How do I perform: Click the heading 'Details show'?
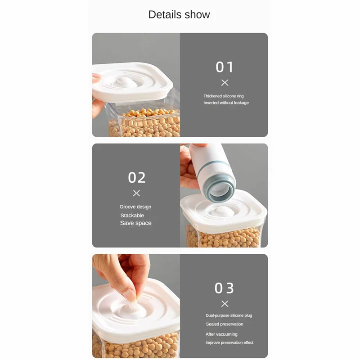tap(179, 14)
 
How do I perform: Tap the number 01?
tap(225, 67)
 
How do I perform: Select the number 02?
tap(137, 178)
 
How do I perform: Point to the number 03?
tap(225, 288)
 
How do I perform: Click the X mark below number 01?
tap(225, 83)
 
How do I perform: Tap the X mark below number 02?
tap(137, 193)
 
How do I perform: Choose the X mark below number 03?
tap(225, 304)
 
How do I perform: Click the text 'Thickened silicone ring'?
tap(223, 96)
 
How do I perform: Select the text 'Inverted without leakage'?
tap(226, 103)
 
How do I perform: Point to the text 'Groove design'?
tap(135, 207)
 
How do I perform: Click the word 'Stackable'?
tap(132, 216)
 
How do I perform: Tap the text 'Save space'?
tap(135, 223)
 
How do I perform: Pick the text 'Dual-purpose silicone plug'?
tap(229, 315)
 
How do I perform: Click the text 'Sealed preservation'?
tap(225, 324)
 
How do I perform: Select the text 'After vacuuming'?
tap(221, 334)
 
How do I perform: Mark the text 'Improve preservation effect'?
tap(229, 343)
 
